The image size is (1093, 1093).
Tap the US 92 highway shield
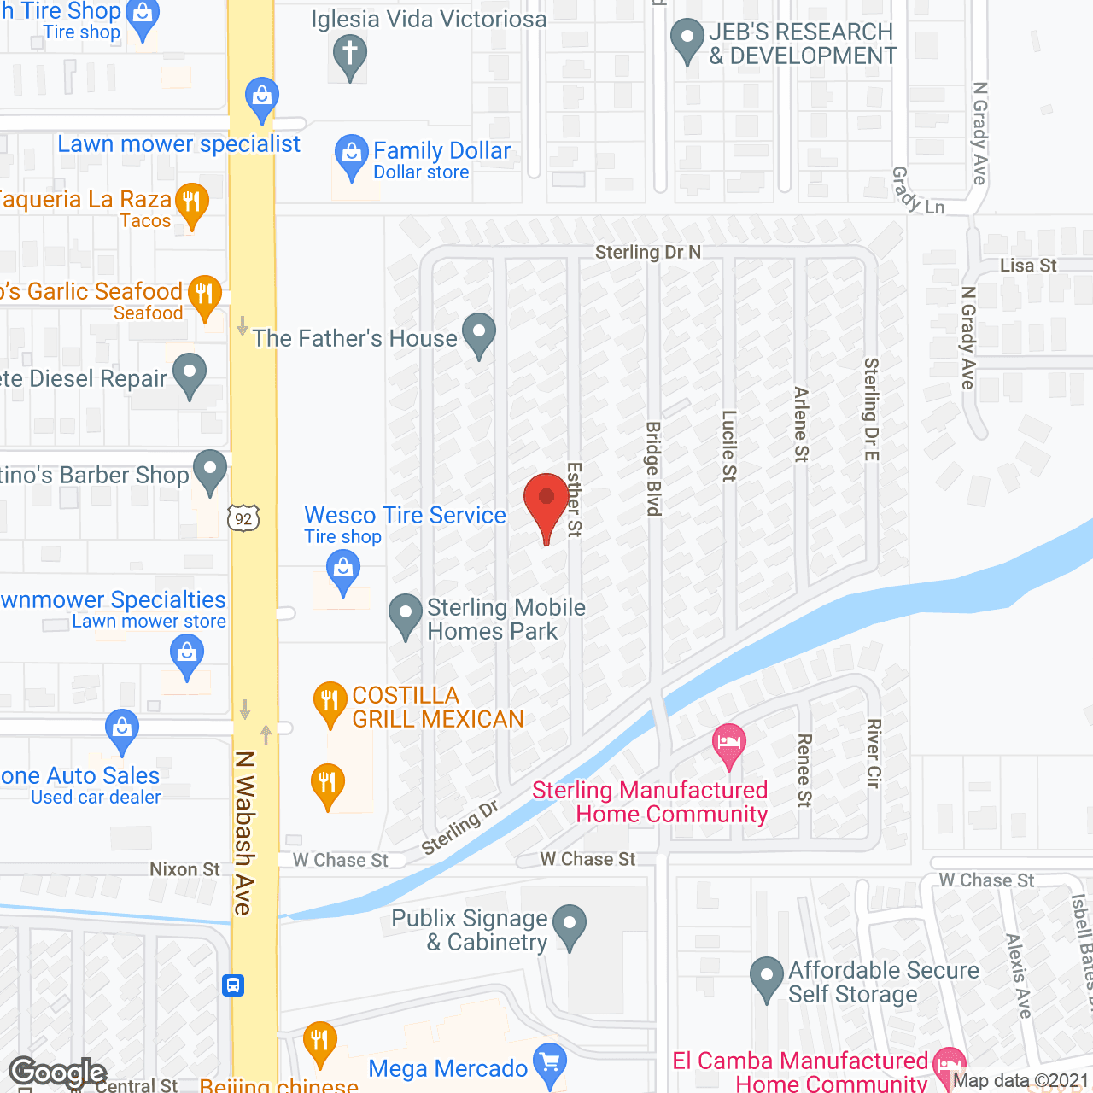tap(243, 518)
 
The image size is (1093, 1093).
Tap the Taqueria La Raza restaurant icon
tap(191, 204)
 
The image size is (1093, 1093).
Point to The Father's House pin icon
tap(479, 334)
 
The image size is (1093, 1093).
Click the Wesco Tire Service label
tap(405, 516)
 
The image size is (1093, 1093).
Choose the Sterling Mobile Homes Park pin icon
tap(406, 615)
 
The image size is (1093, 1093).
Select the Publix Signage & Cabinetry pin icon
tap(570, 926)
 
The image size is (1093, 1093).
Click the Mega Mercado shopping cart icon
tap(549, 1064)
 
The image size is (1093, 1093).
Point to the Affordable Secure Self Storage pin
tap(767, 979)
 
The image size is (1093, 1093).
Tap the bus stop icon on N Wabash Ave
tap(233, 985)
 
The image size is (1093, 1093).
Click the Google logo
tap(57, 1073)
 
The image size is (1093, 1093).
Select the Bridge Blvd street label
tap(653, 469)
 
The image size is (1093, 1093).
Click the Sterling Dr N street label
tap(647, 252)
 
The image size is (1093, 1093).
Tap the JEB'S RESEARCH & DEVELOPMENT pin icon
tap(687, 39)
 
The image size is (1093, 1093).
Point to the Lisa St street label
tap(1028, 266)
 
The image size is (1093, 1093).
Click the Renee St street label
tap(804, 769)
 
